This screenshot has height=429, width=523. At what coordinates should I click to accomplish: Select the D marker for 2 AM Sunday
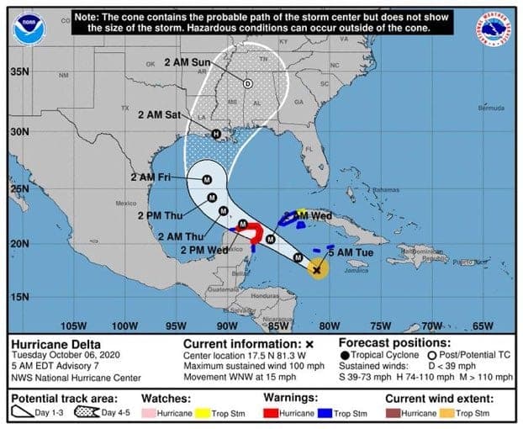click(247, 83)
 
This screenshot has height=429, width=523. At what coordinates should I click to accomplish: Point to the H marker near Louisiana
click(215, 134)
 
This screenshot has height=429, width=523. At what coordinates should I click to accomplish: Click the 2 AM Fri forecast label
click(151, 177)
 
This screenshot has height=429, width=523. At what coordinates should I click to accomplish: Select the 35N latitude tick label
click(18, 72)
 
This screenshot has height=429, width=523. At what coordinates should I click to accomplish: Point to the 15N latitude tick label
click(18, 297)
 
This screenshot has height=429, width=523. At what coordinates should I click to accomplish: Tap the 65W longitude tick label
click(483, 326)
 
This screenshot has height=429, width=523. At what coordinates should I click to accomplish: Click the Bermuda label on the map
click(490, 108)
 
